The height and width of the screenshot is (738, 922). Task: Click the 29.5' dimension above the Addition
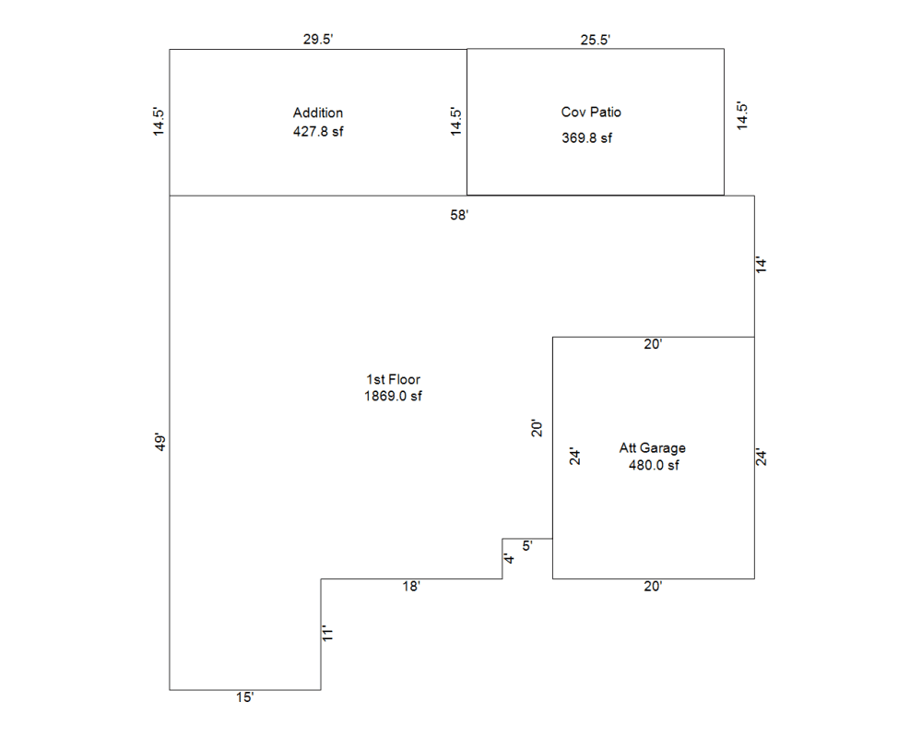coord(318,40)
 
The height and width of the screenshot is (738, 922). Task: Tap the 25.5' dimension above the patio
coord(595,40)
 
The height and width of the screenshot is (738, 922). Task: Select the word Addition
coord(318,113)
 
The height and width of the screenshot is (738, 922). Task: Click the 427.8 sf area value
coord(318,131)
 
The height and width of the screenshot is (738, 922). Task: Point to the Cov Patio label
coord(591,112)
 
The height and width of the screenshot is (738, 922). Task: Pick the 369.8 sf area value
coord(586,137)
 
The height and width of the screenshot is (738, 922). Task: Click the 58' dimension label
coord(459,215)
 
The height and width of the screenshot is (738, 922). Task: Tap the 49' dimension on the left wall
coord(160,442)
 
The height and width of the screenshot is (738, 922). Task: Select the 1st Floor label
coord(394,379)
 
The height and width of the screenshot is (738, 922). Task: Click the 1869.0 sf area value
coord(393,396)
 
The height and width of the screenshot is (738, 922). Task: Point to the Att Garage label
coord(652,447)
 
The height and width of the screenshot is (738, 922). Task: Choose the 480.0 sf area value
coord(654,465)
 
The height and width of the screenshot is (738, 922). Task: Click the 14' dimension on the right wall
coord(762,264)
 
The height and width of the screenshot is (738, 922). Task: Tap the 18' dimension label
coord(411,586)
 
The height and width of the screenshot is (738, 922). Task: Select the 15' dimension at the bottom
coord(244,697)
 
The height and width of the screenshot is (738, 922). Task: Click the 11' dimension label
coord(327,633)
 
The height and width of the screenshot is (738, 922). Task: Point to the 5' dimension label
coord(527,545)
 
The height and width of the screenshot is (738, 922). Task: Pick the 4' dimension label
coord(509,558)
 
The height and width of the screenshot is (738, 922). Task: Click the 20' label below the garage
coord(653,586)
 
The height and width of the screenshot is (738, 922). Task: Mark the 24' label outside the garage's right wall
coord(762,457)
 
